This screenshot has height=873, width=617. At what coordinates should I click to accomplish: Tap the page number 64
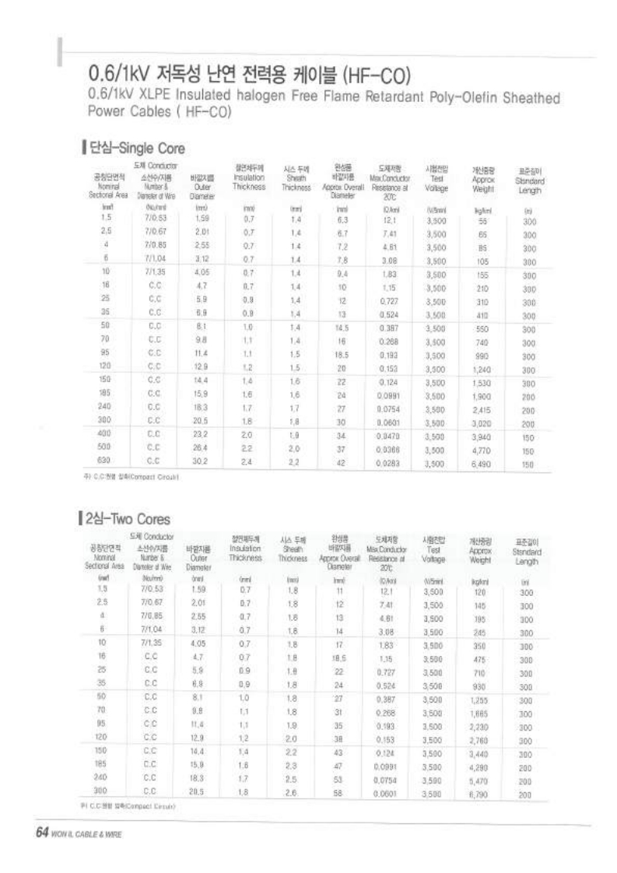(x=41, y=832)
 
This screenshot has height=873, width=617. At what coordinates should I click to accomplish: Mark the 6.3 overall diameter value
(x=341, y=220)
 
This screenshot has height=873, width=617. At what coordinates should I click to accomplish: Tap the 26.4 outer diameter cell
(x=202, y=448)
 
